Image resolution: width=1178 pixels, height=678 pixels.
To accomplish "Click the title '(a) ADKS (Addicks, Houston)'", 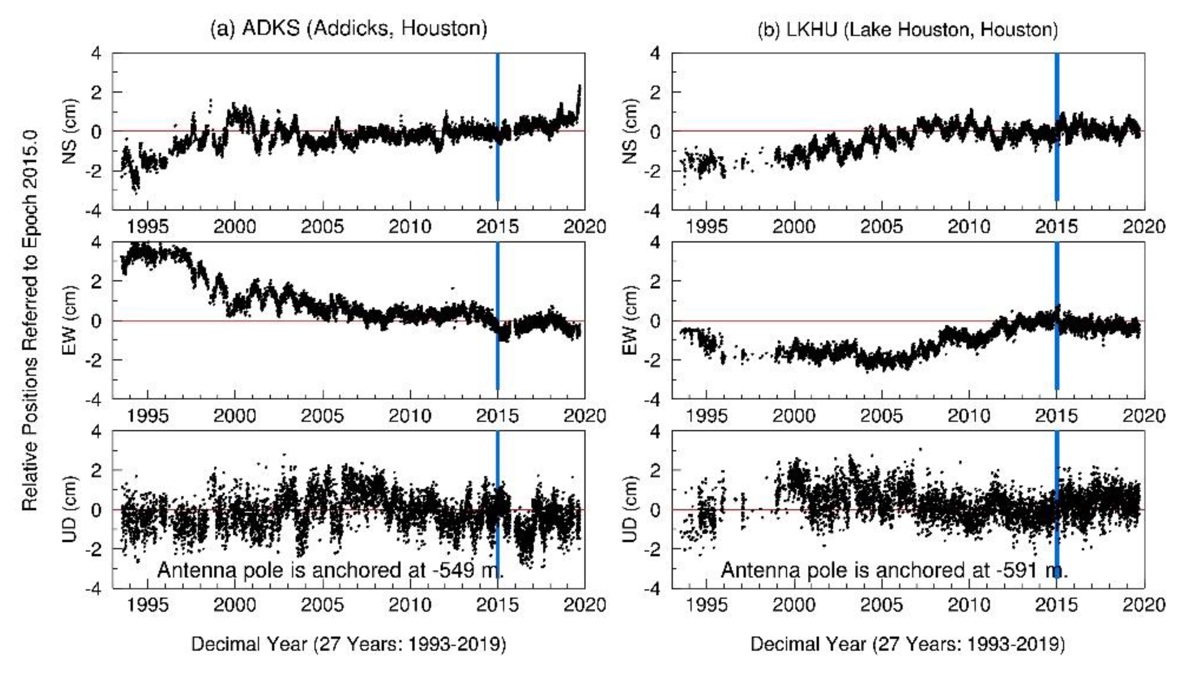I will (x=349, y=29).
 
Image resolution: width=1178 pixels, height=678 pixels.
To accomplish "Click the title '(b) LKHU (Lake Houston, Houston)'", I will (x=908, y=30).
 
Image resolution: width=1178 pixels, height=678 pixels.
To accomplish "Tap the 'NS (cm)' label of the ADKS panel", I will (x=70, y=131).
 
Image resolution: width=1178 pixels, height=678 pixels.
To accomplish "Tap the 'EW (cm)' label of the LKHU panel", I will (x=629, y=320).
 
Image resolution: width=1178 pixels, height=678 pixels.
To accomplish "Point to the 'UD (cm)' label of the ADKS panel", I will (x=70, y=510).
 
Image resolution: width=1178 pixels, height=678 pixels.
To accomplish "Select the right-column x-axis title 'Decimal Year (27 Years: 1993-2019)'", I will (x=908, y=645).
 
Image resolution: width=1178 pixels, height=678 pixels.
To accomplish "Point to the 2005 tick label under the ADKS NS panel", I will (x=322, y=227).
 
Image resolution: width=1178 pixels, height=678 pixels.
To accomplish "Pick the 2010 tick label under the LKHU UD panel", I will (x=969, y=605).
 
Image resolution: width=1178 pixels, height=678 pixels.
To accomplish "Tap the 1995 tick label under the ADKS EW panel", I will (x=148, y=416).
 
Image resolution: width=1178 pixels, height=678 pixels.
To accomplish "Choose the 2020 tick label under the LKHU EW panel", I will (x=1144, y=416).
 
